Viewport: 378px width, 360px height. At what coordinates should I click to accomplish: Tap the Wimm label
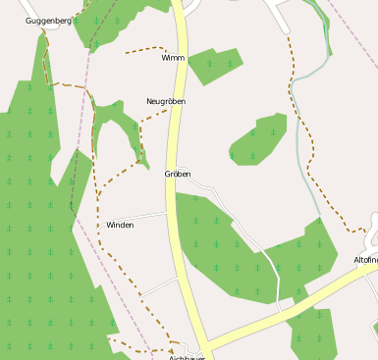(173, 58)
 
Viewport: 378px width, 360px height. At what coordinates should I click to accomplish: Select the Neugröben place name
(165, 101)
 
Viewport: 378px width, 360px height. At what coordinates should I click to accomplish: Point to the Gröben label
(177, 174)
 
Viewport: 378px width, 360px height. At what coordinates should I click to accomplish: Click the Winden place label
(120, 225)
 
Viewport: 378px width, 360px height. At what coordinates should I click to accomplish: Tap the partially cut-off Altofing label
(365, 260)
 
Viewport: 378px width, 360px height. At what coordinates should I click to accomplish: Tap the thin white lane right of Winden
(147, 215)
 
